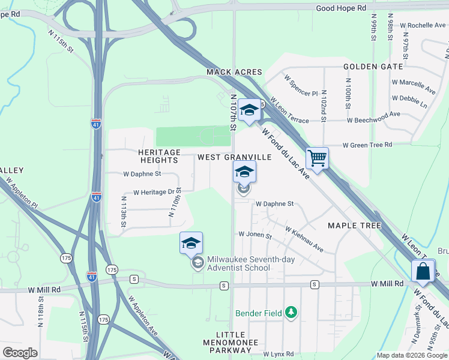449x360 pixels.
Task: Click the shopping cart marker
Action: [317, 159]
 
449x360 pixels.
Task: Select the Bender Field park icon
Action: [291, 312]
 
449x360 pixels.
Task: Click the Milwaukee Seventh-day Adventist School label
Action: [238, 263]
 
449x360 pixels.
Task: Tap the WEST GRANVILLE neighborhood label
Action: [235, 157]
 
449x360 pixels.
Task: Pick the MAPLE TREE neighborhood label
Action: [355, 226]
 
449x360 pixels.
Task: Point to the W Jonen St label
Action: [255, 235]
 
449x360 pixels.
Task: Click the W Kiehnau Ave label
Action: [304, 239]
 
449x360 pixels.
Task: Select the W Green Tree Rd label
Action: [367, 145]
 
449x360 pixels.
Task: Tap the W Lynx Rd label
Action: [279, 355]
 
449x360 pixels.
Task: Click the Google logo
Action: [20, 353]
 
